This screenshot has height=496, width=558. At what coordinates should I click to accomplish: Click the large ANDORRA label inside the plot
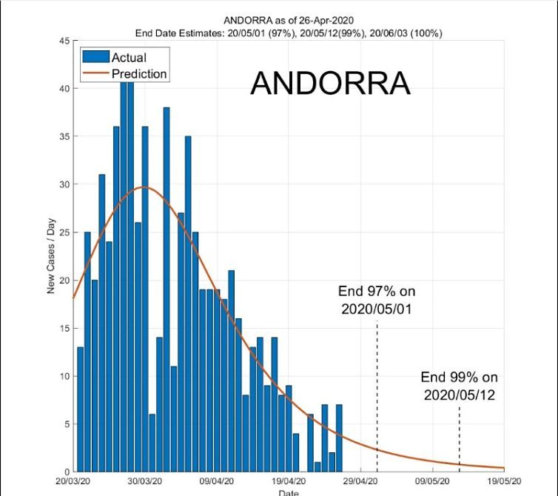click(x=330, y=84)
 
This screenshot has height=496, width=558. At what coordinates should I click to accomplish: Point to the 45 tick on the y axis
click(x=64, y=41)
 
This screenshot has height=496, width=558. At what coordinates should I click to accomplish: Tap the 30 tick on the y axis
click(x=64, y=184)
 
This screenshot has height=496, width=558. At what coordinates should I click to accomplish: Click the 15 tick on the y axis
click(x=64, y=328)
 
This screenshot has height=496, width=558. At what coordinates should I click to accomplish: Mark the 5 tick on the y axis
click(x=67, y=424)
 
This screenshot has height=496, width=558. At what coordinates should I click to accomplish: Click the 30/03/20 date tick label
click(x=145, y=480)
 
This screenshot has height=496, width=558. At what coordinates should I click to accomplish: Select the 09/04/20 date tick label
click(x=217, y=480)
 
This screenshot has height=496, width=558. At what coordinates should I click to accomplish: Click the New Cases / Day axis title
click(x=52, y=256)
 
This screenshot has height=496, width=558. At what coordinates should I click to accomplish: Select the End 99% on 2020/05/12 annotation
click(x=459, y=386)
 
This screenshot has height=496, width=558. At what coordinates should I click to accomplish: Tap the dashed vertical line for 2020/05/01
click(x=377, y=392)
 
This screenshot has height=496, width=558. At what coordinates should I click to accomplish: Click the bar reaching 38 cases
click(x=167, y=289)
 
